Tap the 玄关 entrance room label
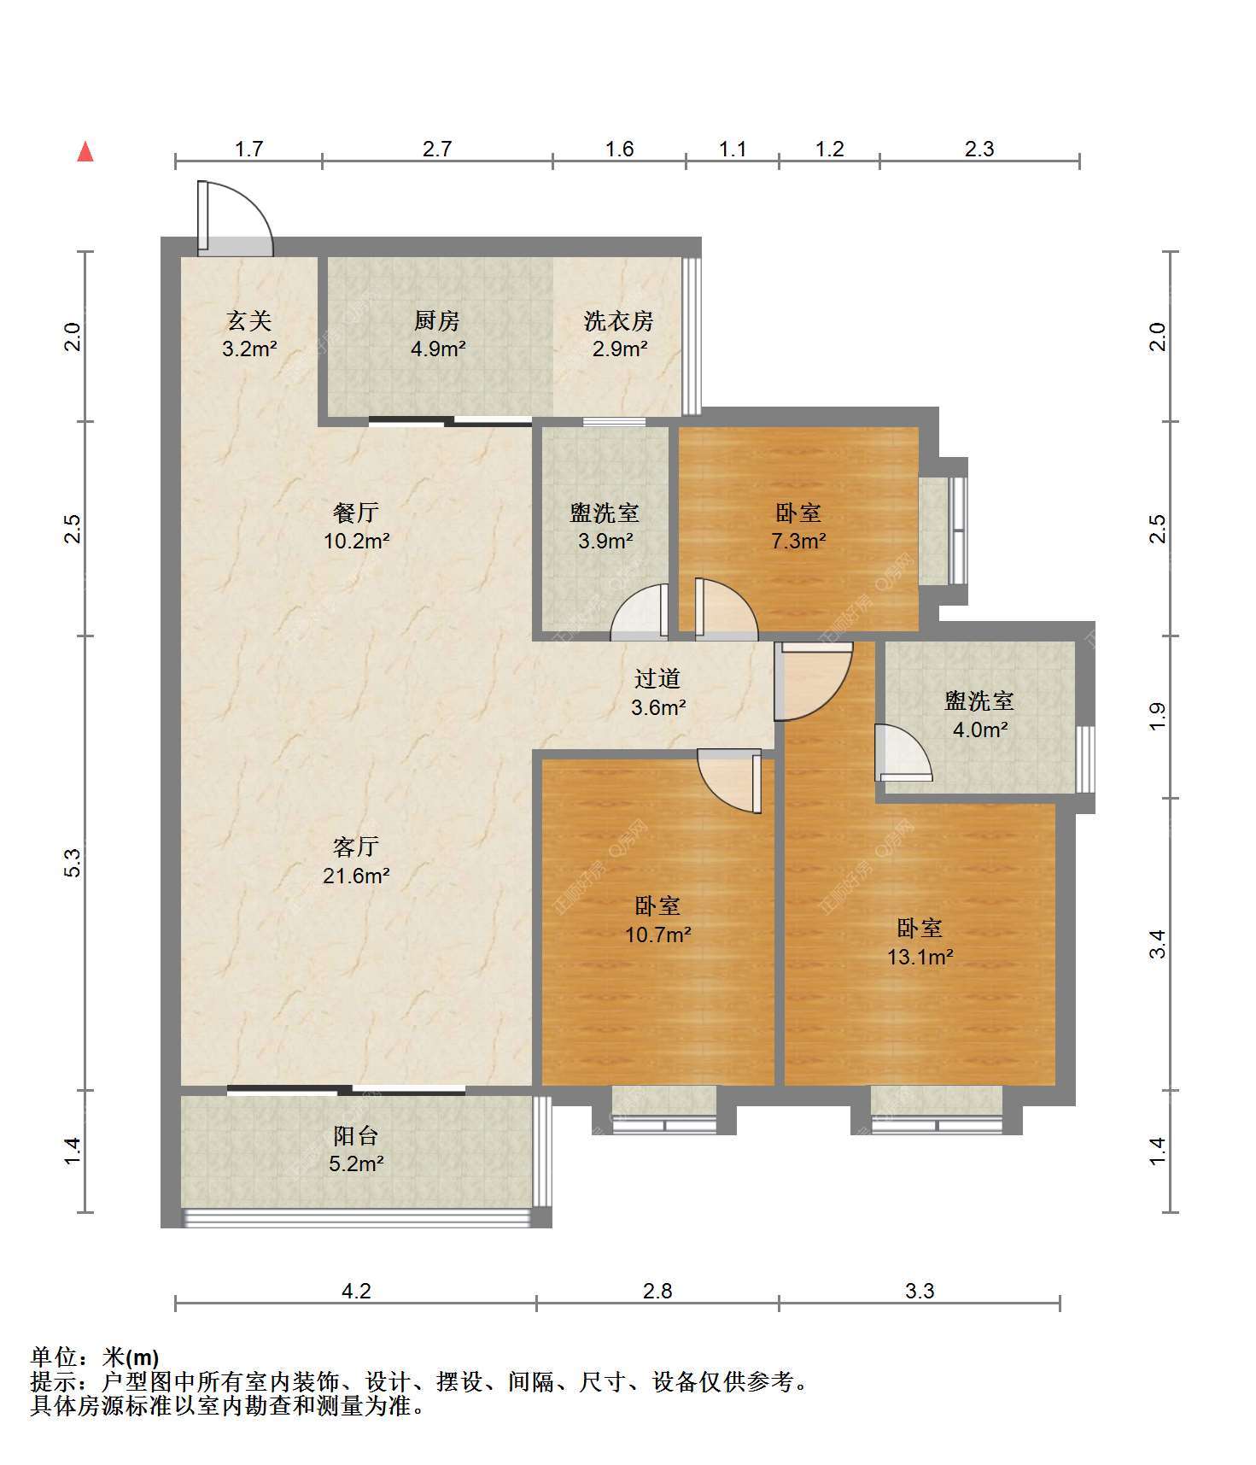(x=248, y=321)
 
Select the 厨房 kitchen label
(x=437, y=321)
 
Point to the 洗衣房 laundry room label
(x=619, y=321)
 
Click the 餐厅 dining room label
(x=356, y=513)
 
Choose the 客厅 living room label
(x=356, y=847)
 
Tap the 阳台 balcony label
(x=356, y=1135)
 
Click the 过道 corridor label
(x=657, y=678)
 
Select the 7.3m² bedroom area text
(x=798, y=541)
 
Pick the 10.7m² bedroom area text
(x=657, y=935)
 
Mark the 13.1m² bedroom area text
(x=920, y=957)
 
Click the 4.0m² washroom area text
(x=979, y=730)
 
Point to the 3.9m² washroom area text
(x=605, y=541)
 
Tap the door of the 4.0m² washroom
(x=903, y=753)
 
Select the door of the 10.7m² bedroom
(x=728, y=780)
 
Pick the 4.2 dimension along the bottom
(x=356, y=1291)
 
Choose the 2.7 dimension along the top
(x=437, y=149)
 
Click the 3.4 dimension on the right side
(x=1157, y=944)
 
